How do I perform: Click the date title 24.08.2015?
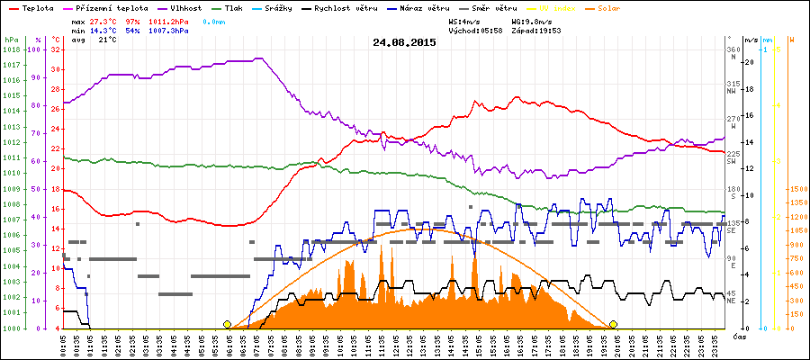click(x=404, y=42)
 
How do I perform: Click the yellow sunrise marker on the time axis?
click(x=227, y=324)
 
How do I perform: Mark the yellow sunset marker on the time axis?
click(x=613, y=324)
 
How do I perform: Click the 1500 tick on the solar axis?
click(x=797, y=190)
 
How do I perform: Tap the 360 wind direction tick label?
click(x=732, y=49)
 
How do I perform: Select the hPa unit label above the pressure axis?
click(x=10, y=40)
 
